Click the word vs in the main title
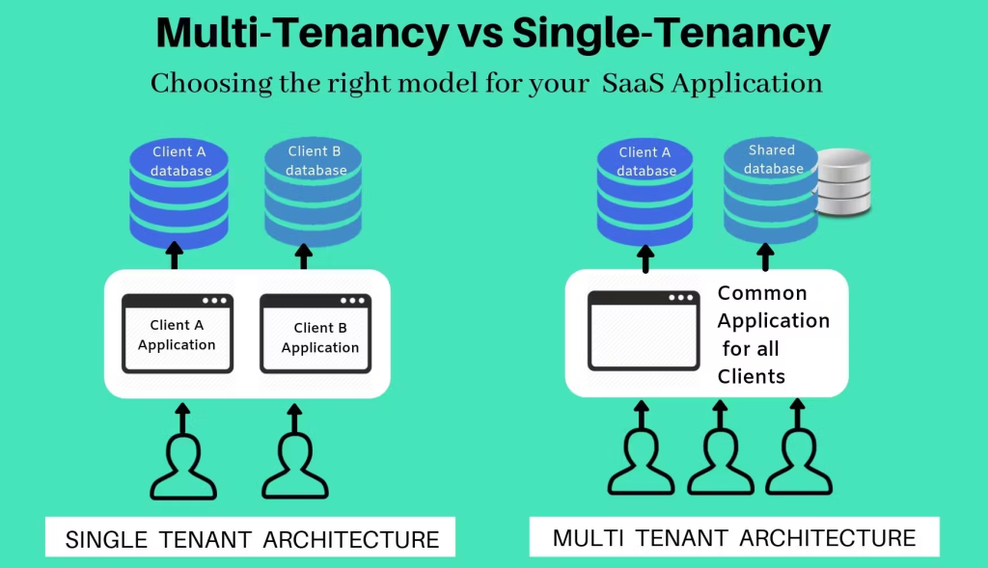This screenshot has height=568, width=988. coord(479,35)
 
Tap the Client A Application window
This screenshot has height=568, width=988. coord(177,333)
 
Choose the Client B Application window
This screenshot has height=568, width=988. coord(316,333)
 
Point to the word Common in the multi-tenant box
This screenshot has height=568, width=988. coord(761,293)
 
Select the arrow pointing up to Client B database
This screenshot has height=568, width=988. coord(304,257)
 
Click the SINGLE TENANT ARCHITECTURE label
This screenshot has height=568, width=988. coord(252,539)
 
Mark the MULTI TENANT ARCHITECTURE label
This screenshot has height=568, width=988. coord(734,537)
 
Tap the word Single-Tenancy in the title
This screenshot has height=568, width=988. coord(672,35)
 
